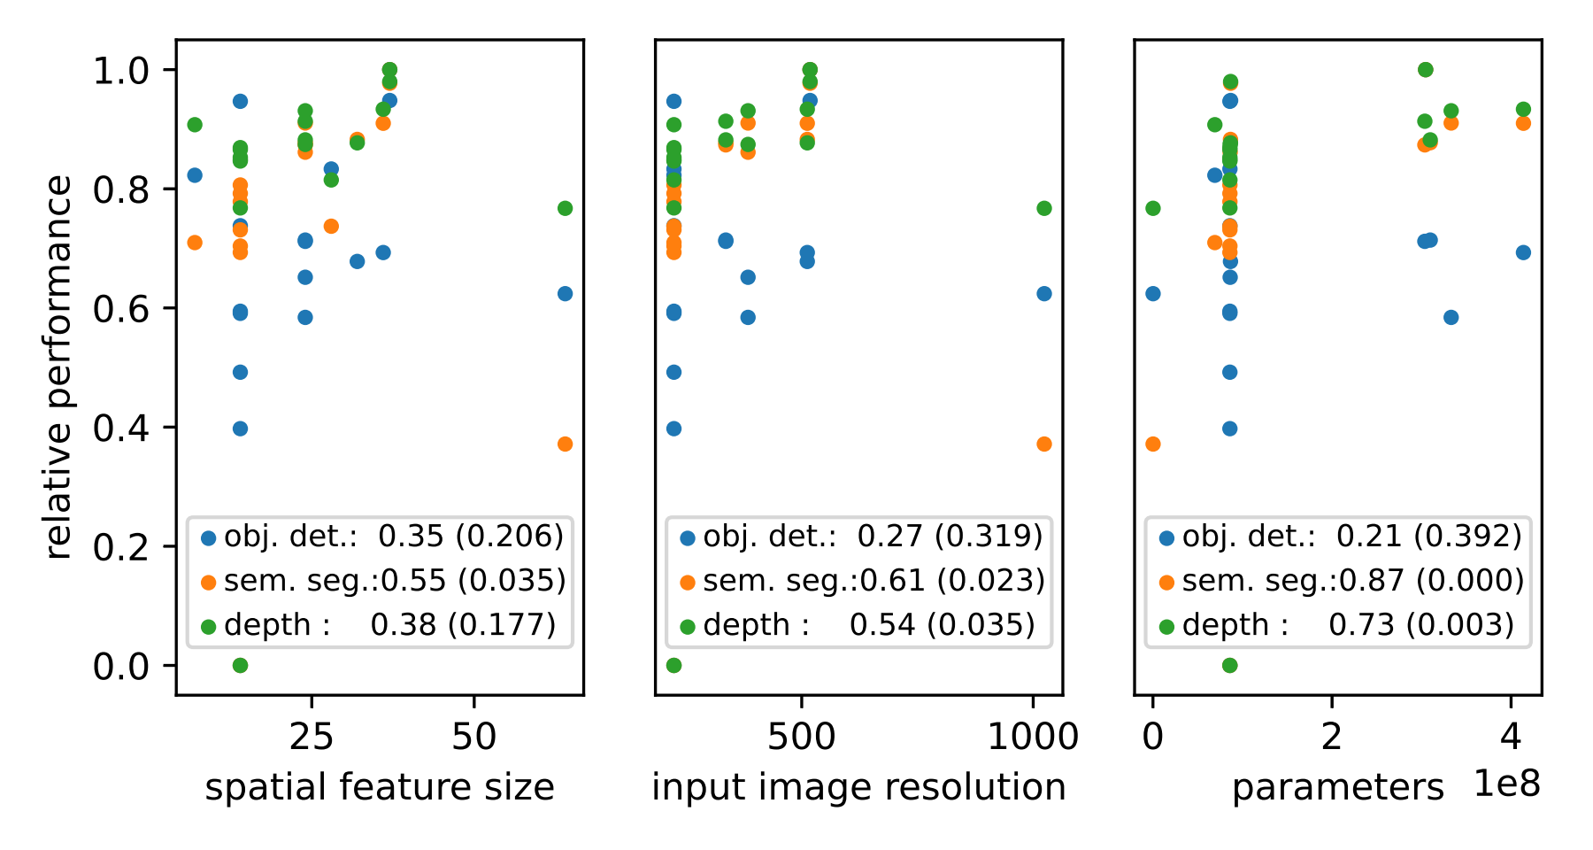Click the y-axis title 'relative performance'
tap(59, 367)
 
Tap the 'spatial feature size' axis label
tap(380, 786)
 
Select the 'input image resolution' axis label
tap(858, 786)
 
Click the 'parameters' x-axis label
tap(1337, 786)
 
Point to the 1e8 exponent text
tap(1507, 784)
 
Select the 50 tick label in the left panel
tap(474, 737)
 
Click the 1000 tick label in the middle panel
tap(1033, 737)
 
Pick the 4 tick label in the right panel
tap(1511, 737)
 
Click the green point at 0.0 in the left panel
tap(240, 665)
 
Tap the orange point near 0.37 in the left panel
tap(565, 444)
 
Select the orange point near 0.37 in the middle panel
tap(1044, 444)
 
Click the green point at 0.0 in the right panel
tap(1229, 665)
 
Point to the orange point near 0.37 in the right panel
tap(1152, 444)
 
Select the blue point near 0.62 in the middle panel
tap(1044, 293)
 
